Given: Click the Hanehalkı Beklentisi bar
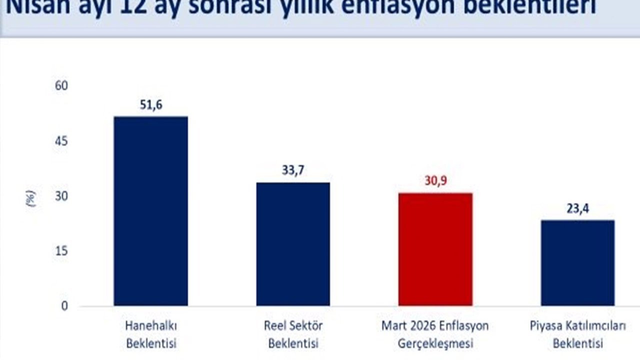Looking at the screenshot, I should (x=150, y=210).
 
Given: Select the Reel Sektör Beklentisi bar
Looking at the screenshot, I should (x=293, y=244).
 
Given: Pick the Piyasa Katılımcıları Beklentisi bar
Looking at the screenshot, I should (x=577, y=262).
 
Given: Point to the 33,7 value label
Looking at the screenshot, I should (x=293, y=170).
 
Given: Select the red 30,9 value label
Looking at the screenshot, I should (x=435, y=181).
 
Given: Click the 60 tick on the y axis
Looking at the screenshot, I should (x=61, y=86).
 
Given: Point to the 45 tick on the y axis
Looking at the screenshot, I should (x=61, y=141).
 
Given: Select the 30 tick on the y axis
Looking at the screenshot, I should (x=61, y=196).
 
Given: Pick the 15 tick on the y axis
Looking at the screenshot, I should (x=61, y=251).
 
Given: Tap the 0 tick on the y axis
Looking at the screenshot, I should (x=64, y=305).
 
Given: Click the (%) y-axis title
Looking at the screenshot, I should (x=31, y=198).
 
